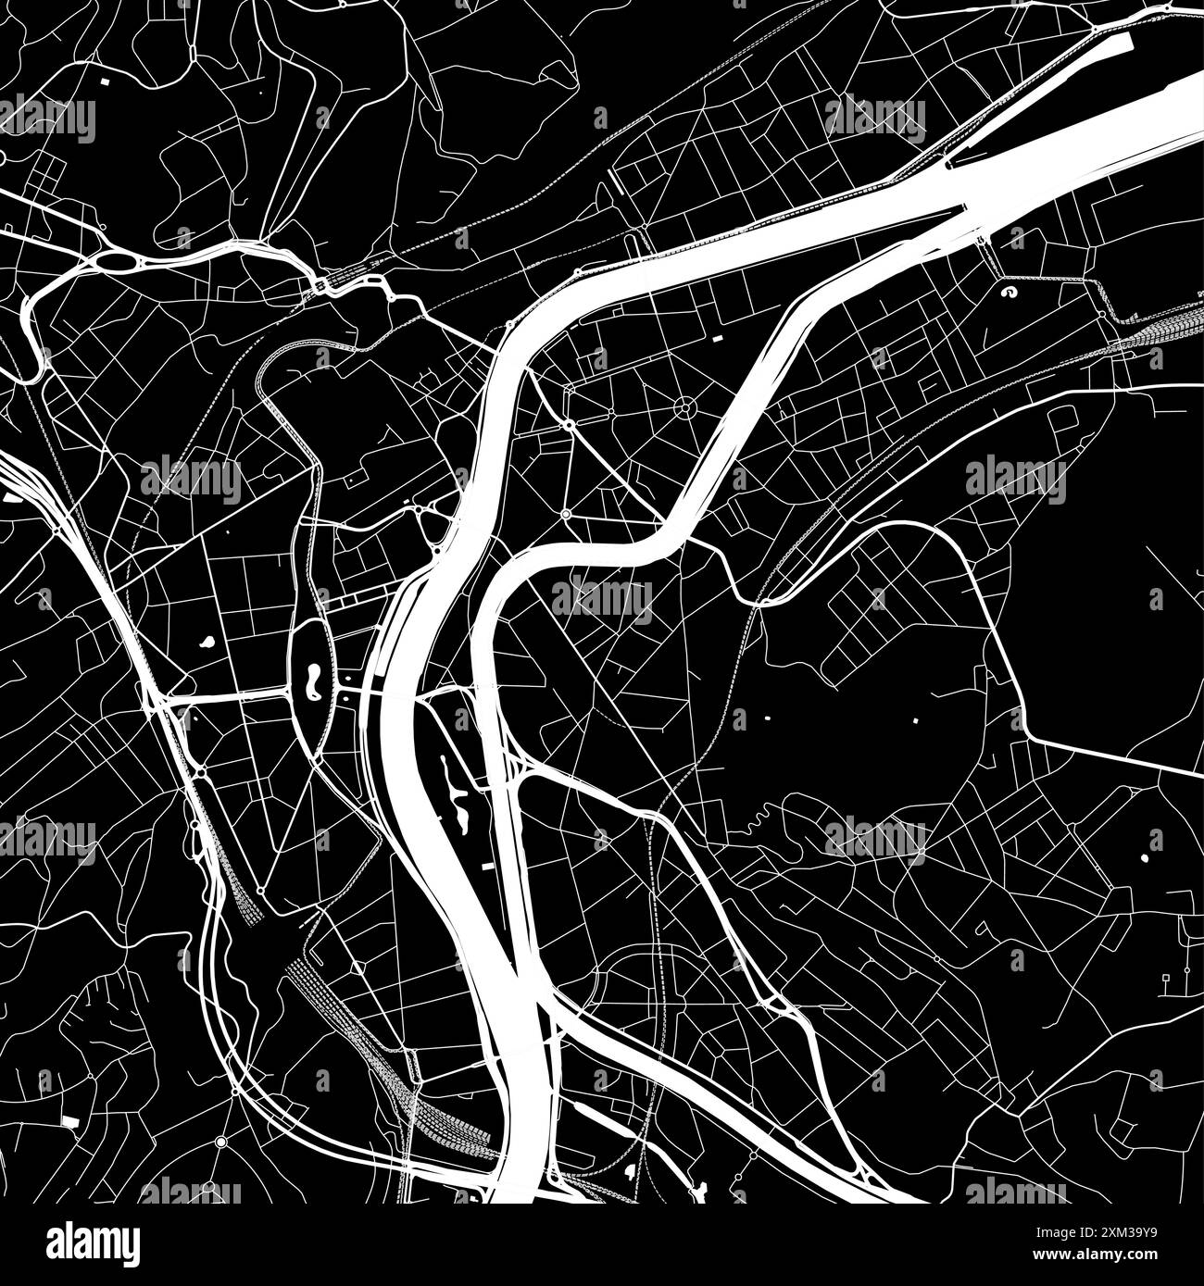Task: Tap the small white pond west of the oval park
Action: coord(204,640)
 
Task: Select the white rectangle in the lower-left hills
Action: coord(69,1121)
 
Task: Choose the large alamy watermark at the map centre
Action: coord(602,599)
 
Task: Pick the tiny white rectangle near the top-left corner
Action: coord(103,82)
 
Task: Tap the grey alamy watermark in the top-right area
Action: coord(875,118)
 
